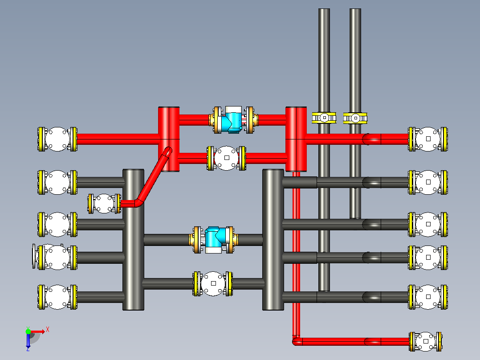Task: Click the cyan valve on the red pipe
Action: click(x=233, y=120)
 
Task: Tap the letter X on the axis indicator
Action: click(x=48, y=330)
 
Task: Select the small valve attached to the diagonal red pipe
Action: click(x=104, y=204)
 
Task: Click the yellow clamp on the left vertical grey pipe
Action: click(x=324, y=118)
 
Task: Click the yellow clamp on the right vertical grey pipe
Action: click(x=355, y=118)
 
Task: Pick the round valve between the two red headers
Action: click(x=227, y=158)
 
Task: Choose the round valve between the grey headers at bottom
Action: click(x=213, y=284)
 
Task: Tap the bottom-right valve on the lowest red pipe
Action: click(x=426, y=341)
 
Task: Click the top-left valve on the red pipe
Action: click(x=57, y=139)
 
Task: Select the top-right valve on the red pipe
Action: click(x=428, y=139)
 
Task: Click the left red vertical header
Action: click(x=169, y=139)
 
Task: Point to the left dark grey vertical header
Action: click(x=133, y=240)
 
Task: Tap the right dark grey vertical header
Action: click(x=273, y=240)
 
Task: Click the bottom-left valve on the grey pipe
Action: click(x=57, y=297)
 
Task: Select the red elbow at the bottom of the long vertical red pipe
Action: click(x=297, y=341)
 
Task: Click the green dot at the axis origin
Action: click(x=28, y=331)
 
